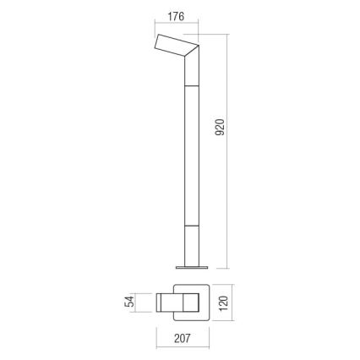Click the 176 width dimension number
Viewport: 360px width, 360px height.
tap(175, 18)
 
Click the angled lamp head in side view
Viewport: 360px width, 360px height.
tap(173, 46)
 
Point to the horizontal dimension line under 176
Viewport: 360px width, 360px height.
tap(175, 27)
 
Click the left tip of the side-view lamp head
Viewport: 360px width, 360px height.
tap(155, 45)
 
